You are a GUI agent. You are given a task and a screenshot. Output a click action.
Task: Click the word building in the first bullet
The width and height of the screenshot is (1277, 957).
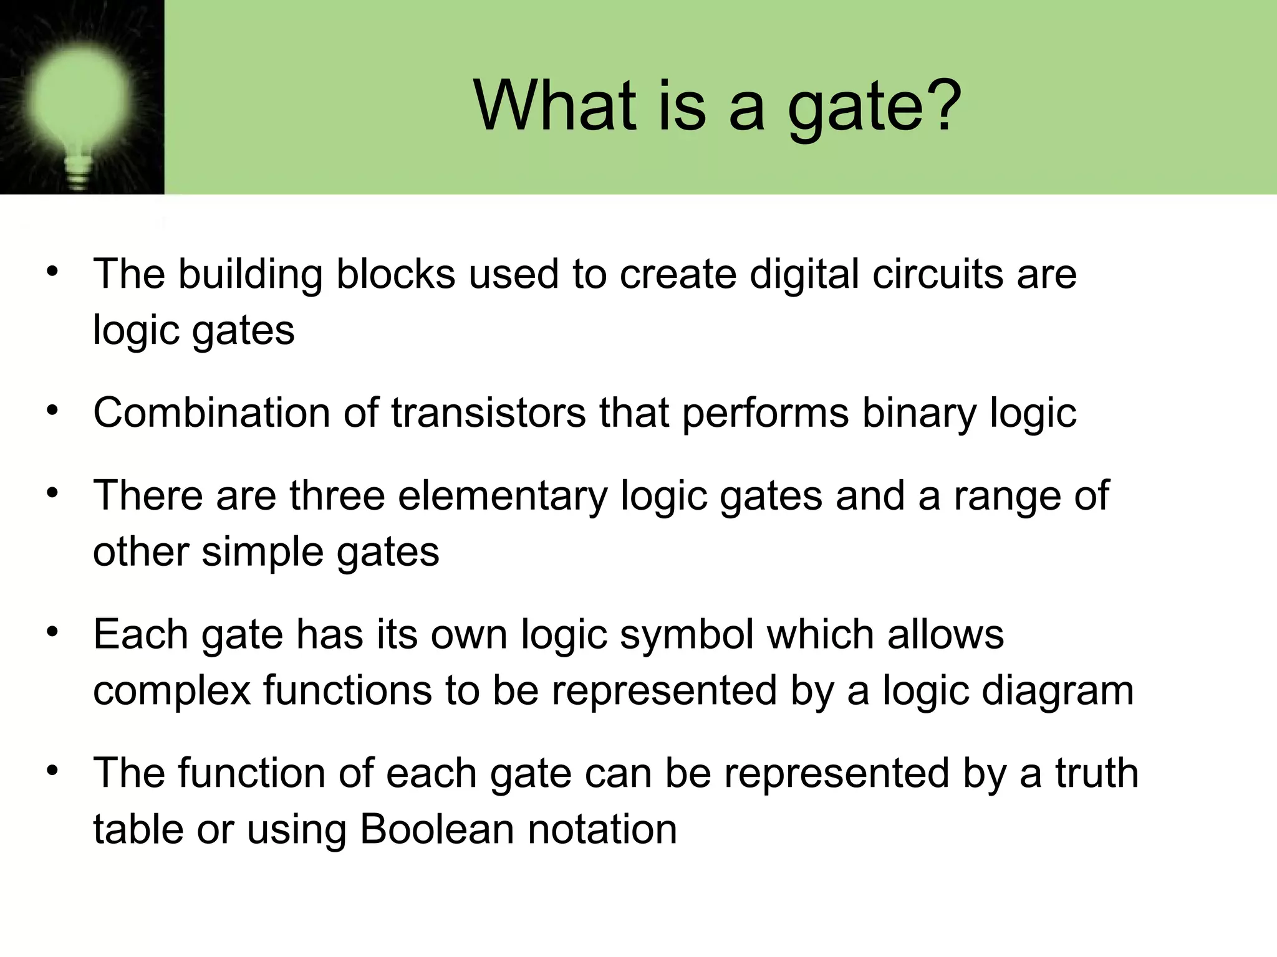coord(250,275)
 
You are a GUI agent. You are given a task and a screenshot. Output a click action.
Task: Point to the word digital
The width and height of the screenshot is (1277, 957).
coord(804,275)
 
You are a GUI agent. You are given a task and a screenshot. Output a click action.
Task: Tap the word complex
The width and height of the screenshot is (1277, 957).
coord(171,692)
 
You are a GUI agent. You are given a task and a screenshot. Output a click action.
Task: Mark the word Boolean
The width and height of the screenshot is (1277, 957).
coord(436,829)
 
